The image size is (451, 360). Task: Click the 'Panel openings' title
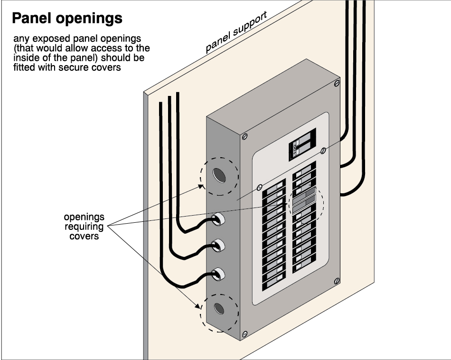click(x=67, y=19)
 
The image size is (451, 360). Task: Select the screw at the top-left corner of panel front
click(x=245, y=136)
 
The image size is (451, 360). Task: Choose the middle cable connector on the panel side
click(x=217, y=246)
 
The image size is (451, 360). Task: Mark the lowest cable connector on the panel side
click(x=217, y=273)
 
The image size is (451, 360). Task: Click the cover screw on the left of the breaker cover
click(x=260, y=187)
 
